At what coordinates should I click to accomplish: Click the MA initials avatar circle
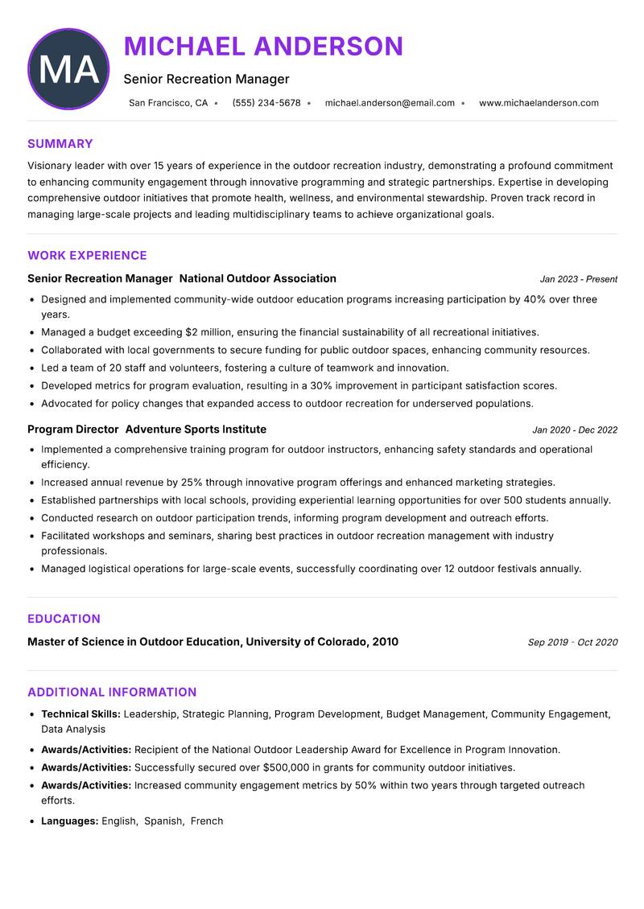pyautogui.click(x=68, y=69)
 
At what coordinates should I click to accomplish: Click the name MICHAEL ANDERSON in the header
pyautogui.click(x=263, y=46)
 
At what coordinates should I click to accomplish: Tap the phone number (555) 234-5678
pyautogui.click(x=266, y=103)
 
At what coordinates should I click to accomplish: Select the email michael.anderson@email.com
pyautogui.click(x=390, y=103)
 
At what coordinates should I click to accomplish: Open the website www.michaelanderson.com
pyautogui.click(x=539, y=103)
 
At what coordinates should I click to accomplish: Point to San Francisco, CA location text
pyautogui.click(x=168, y=103)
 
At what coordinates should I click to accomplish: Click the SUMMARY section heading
pyautogui.click(x=60, y=144)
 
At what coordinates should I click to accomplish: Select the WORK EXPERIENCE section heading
pyautogui.click(x=87, y=256)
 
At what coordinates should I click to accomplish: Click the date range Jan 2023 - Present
pyautogui.click(x=578, y=279)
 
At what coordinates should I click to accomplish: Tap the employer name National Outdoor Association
pyautogui.click(x=258, y=278)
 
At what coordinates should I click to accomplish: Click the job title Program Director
pyautogui.click(x=73, y=430)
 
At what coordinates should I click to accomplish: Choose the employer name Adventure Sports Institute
pyautogui.click(x=196, y=430)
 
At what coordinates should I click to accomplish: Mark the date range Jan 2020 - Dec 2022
pyautogui.click(x=575, y=430)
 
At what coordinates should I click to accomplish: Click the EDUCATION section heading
pyautogui.click(x=64, y=619)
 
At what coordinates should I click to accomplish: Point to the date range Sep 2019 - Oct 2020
pyautogui.click(x=572, y=643)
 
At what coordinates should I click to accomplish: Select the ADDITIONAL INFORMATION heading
pyautogui.click(x=112, y=693)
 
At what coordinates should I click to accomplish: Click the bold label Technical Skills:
pyautogui.click(x=80, y=714)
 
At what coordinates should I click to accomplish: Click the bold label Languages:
pyautogui.click(x=69, y=821)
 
